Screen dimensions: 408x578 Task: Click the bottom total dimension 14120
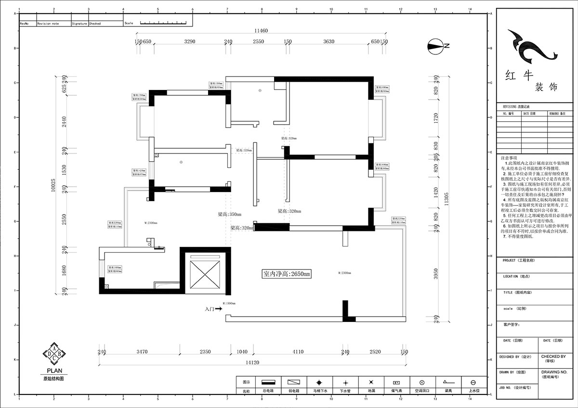(x=255, y=362)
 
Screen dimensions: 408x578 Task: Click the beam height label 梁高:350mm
(x=229, y=214)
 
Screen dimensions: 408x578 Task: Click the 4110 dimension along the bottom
(x=298, y=352)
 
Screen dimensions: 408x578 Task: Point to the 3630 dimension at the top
(x=328, y=42)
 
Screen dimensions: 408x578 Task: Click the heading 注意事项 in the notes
(x=509, y=157)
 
